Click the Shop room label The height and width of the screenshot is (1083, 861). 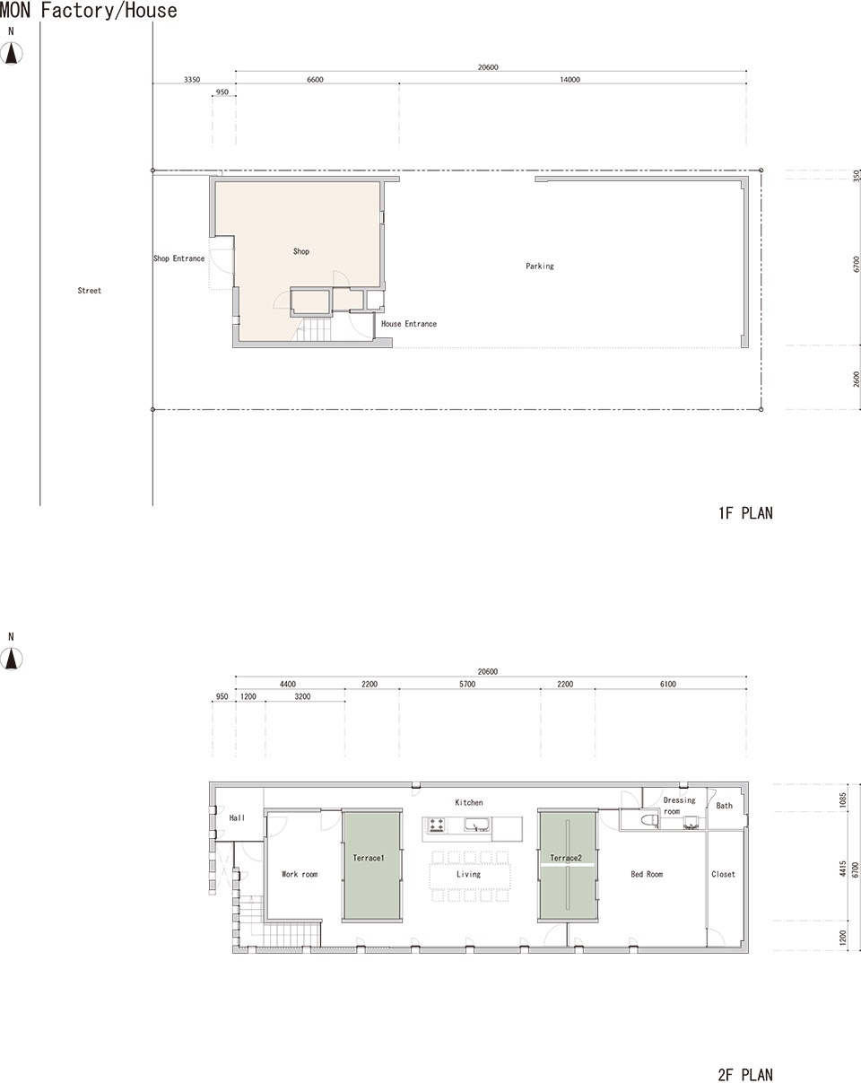[x=301, y=251]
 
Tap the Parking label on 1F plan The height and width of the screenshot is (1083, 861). [x=539, y=266]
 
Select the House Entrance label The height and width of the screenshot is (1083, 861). [x=409, y=324]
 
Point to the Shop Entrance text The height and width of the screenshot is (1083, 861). [x=178, y=258]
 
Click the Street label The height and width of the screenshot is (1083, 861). [x=89, y=291]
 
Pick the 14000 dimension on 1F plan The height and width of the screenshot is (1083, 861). [x=570, y=80]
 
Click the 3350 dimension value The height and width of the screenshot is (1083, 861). [x=192, y=80]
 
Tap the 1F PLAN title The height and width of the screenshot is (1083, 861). [x=745, y=513]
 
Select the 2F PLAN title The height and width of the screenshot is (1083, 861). [x=745, y=1074]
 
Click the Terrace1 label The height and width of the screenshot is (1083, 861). [x=369, y=858]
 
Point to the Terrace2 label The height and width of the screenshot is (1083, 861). [x=566, y=858]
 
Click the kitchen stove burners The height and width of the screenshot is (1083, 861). [x=436, y=825]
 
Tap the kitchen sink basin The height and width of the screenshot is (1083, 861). [x=476, y=825]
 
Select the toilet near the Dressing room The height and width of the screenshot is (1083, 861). [x=649, y=820]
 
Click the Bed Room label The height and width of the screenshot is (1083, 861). [x=647, y=874]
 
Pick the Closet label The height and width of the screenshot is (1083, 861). [x=723, y=874]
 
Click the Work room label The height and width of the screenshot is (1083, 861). [x=300, y=874]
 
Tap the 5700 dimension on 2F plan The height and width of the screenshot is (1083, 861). [x=467, y=684]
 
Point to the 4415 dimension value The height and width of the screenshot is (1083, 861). [x=843, y=869]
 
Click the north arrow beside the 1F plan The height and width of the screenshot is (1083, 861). [x=11, y=53]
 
